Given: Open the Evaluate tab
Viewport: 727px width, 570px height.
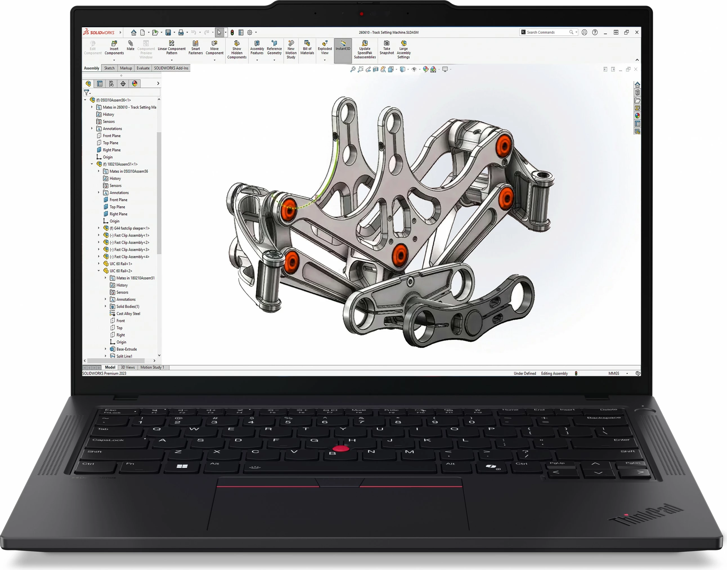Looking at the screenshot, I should pyautogui.click(x=143, y=68).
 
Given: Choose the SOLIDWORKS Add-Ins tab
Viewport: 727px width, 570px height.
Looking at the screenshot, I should pyautogui.click(x=171, y=68).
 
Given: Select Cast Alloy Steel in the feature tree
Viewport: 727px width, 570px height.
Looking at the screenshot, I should pyautogui.click(x=128, y=314).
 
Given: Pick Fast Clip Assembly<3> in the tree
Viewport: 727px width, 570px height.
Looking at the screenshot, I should pyautogui.click(x=131, y=250).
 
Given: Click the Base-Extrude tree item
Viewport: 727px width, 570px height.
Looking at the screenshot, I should pyautogui.click(x=126, y=349).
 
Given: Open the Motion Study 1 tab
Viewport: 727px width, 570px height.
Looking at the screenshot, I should pyautogui.click(x=152, y=367).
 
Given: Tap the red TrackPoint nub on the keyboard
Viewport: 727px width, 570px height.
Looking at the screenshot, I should pyautogui.click(x=341, y=448).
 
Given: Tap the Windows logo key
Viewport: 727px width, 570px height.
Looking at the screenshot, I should pyautogui.click(x=182, y=466).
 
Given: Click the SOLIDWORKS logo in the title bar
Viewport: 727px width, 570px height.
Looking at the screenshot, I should pyautogui.click(x=99, y=32).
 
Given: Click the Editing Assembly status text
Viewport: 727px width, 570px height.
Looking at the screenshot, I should pyautogui.click(x=554, y=373).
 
